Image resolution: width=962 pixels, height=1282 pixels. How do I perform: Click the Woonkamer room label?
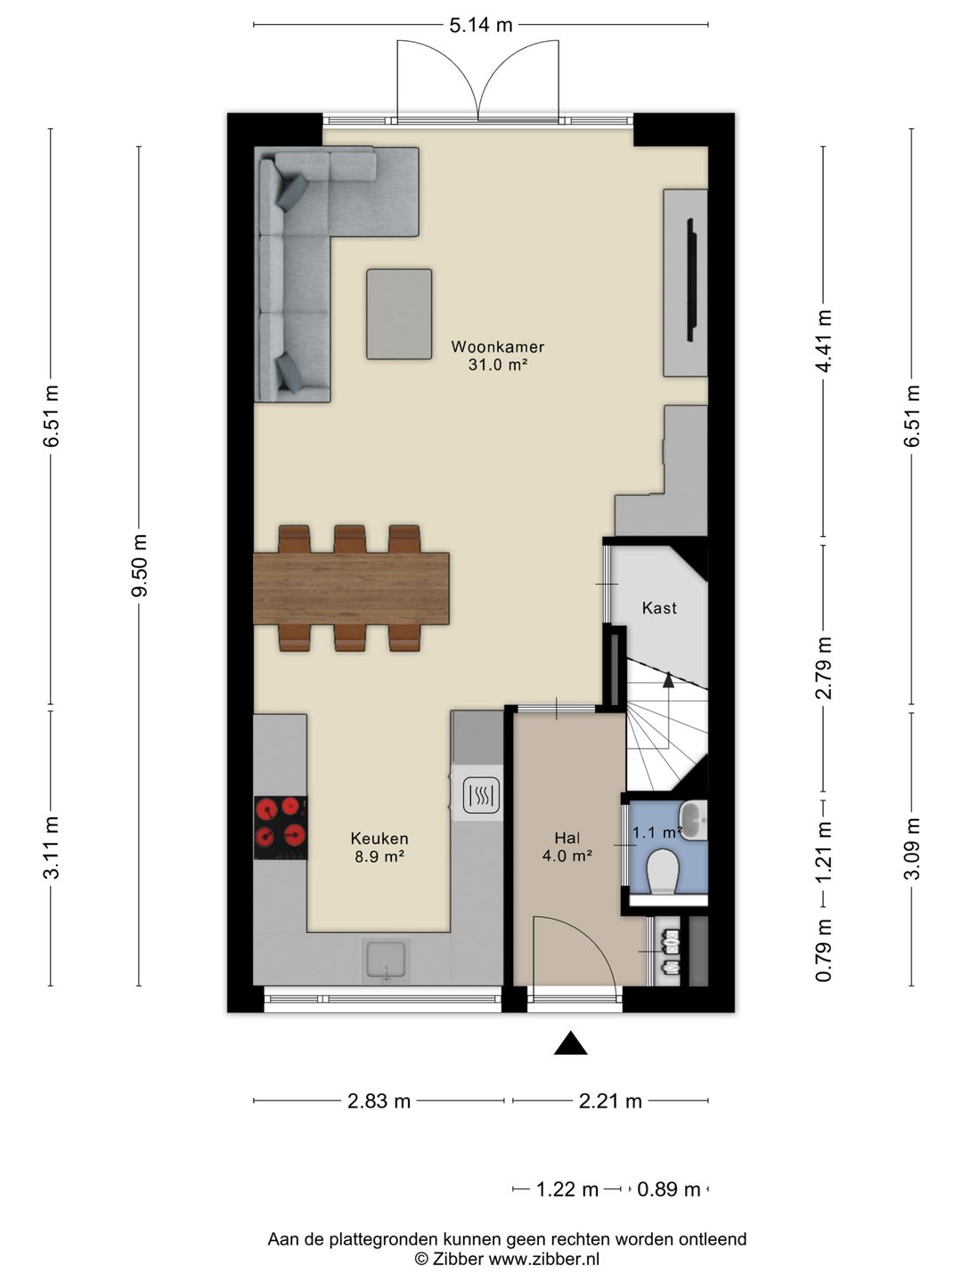(498, 346)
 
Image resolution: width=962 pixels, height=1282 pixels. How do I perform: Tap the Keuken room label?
(379, 839)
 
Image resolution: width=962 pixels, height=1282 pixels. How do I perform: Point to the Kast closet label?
(659, 608)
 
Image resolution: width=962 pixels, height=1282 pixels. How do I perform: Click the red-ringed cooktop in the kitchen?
(281, 828)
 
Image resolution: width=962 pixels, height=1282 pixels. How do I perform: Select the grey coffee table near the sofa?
(399, 313)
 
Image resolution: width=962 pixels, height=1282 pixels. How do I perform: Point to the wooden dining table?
(351, 588)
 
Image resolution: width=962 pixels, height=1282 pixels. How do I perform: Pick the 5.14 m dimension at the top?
(481, 25)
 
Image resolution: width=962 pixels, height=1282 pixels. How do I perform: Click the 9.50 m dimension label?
(139, 564)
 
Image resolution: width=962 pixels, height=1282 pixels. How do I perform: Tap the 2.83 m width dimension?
(379, 1101)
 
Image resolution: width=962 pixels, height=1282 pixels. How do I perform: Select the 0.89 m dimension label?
(668, 1189)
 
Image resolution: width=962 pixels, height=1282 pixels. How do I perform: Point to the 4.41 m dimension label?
(824, 341)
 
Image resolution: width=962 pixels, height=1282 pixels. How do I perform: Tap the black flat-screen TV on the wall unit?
(692, 280)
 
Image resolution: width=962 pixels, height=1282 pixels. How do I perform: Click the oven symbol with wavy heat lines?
(482, 794)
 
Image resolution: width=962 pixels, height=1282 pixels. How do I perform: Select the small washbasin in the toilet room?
(694, 820)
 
